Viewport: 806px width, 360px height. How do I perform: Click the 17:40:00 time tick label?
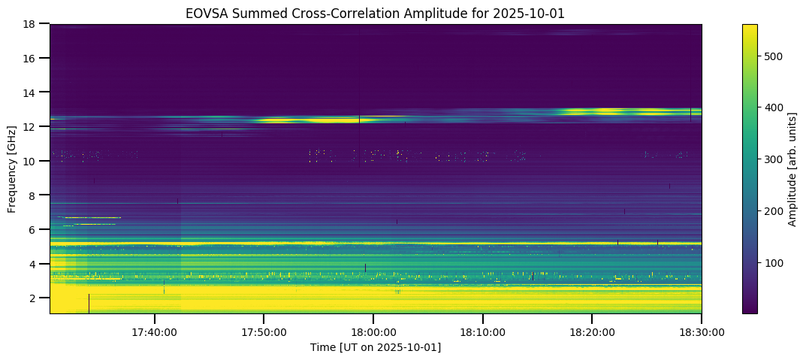point(154,331)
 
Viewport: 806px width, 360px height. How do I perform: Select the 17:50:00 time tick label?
point(263,331)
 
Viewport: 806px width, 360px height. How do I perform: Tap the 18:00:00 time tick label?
point(373,331)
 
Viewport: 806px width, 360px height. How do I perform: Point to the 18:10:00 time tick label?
point(482,331)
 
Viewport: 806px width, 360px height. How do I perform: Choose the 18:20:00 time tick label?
point(592,331)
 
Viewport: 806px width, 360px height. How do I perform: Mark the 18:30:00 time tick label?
point(701,331)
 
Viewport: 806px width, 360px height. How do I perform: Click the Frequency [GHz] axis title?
point(12,169)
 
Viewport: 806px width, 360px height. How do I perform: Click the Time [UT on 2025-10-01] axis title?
point(375,347)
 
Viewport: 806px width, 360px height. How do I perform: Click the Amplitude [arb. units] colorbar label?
point(792,169)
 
